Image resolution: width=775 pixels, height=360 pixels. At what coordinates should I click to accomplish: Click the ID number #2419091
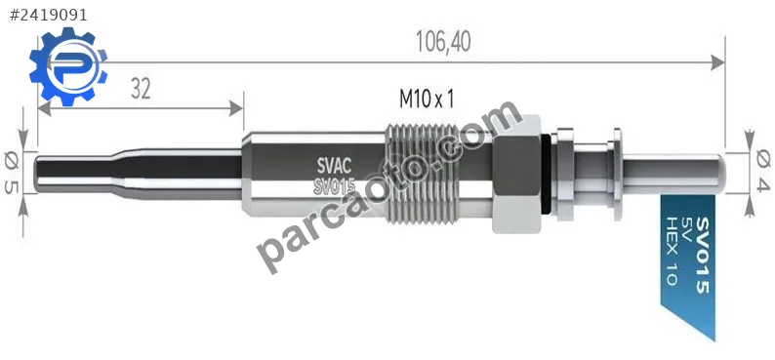(x=49, y=16)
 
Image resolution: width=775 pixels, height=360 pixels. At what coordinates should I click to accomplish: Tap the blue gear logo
(x=68, y=66)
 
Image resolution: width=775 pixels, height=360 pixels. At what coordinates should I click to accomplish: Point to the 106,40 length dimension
(x=443, y=42)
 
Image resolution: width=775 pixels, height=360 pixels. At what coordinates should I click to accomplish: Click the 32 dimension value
(x=141, y=90)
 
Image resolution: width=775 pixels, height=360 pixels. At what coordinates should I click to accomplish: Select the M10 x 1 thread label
(x=427, y=100)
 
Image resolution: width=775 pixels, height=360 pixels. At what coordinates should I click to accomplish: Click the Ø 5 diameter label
(x=12, y=173)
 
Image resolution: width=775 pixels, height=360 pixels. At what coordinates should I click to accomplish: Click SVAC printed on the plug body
(x=334, y=164)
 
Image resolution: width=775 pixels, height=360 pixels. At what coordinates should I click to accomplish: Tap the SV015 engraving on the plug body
(x=335, y=186)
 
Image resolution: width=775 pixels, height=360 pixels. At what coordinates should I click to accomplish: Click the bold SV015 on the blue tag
(x=703, y=256)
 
